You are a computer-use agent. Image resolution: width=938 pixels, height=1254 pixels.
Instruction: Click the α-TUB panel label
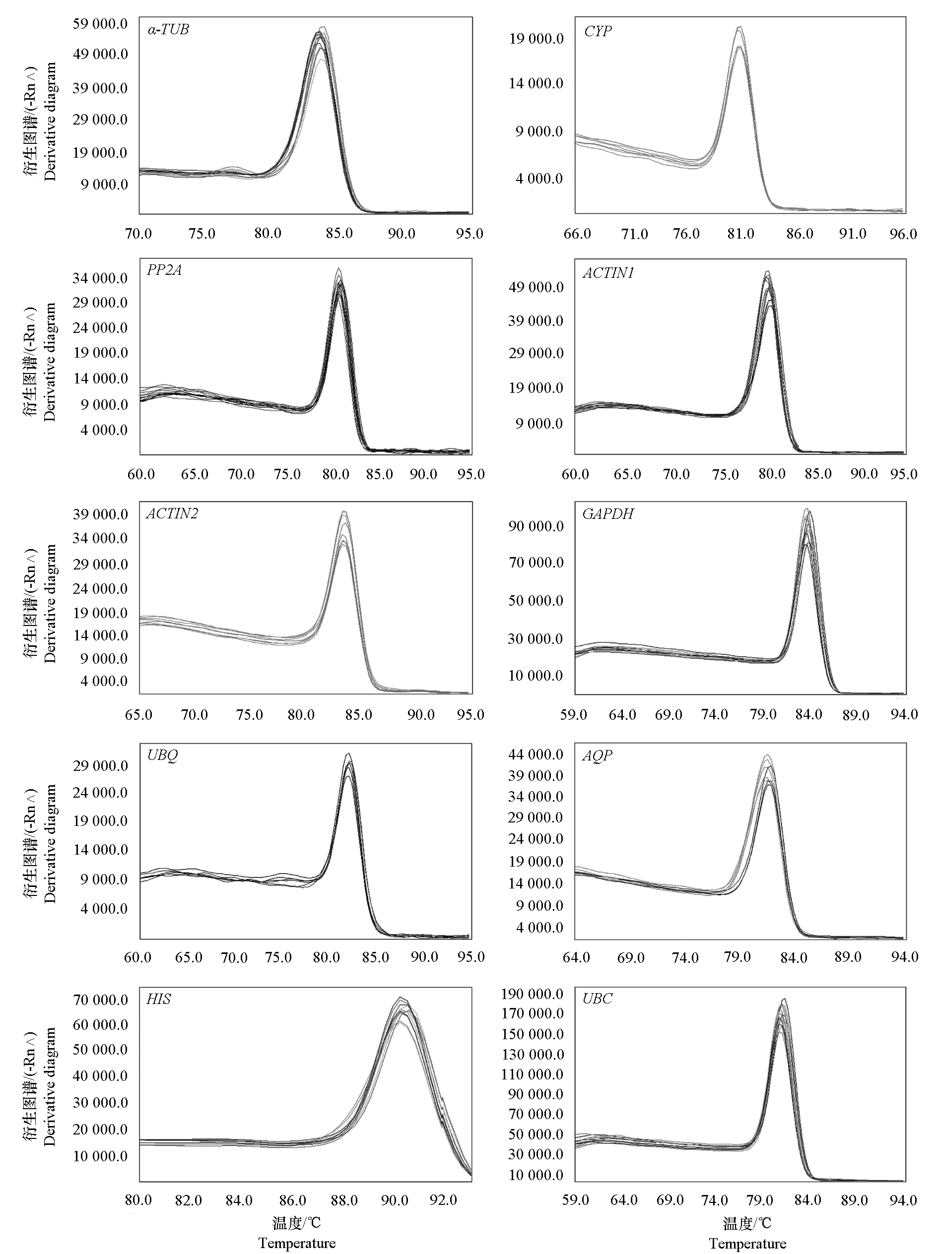[168, 29]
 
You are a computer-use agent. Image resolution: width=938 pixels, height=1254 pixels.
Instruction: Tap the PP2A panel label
[164, 270]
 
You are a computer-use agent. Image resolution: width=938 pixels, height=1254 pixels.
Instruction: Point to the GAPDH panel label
[608, 514]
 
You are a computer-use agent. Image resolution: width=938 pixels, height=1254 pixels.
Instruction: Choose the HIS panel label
[158, 999]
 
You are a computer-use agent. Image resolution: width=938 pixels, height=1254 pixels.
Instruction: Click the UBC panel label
[597, 999]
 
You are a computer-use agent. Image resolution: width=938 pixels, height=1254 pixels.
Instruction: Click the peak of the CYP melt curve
[739, 27]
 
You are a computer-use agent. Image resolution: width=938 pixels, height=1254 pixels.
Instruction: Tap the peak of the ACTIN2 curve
[343, 512]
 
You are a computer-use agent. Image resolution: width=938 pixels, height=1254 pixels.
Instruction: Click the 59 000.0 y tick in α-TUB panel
[100, 24]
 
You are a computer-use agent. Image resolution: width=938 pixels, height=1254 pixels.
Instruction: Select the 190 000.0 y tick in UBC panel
[532, 994]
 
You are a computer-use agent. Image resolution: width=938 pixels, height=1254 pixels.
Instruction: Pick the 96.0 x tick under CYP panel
[903, 234]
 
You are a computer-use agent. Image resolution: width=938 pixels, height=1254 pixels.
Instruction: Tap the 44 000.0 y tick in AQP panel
[536, 754]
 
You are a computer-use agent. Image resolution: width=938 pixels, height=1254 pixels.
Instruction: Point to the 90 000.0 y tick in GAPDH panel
[536, 526]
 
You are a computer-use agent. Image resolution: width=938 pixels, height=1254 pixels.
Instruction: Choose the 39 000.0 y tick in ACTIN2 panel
[100, 514]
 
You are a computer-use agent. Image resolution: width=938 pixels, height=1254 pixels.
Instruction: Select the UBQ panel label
[163, 755]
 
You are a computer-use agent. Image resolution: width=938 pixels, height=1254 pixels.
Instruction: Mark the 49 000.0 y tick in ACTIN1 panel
[536, 287]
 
